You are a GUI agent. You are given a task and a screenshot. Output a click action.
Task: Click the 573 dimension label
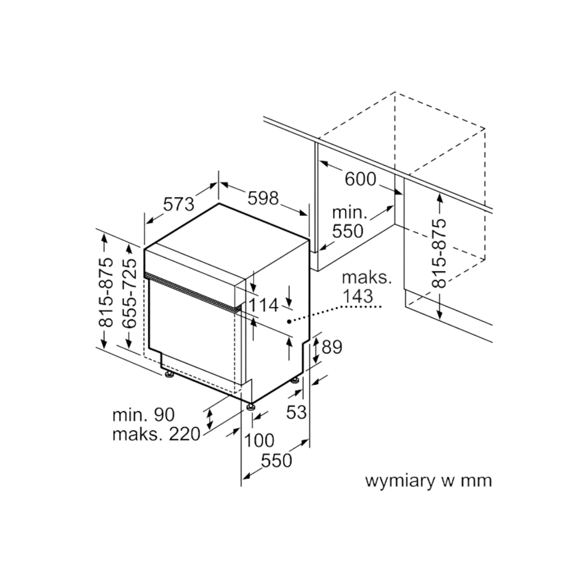pyautogui.click(x=179, y=204)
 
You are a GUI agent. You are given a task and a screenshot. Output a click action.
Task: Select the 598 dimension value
pyautogui.click(x=263, y=198)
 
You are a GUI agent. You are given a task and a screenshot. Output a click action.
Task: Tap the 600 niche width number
pyautogui.click(x=360, y=179)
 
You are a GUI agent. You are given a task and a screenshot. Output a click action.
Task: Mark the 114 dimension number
pyautogui.click(x=263, y=305)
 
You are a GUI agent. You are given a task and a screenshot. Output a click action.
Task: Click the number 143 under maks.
pyautogui.click(x=358, y=296)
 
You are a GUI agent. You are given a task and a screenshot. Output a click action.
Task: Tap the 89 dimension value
pyautogui.click(x=332, y=347)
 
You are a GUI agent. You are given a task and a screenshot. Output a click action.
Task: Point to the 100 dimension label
pyautogui.click(x=259, y=441)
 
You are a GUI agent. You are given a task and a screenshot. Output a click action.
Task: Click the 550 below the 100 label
pyautogui.click(x=276, y=461)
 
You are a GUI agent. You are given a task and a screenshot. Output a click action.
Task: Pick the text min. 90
pyautogui.click(x=144, y=415)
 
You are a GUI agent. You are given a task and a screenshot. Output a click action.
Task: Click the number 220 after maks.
pyautogui.click(x=185, y=434)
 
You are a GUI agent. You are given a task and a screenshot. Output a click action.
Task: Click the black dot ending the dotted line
pyautogui.click(x=288, y=321)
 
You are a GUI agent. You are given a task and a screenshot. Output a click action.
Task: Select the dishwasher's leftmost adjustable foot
pyautogui.click(x=168, y=374)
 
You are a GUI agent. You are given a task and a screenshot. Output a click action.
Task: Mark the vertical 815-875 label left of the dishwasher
pyautogui.click(x=105, y=293)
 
